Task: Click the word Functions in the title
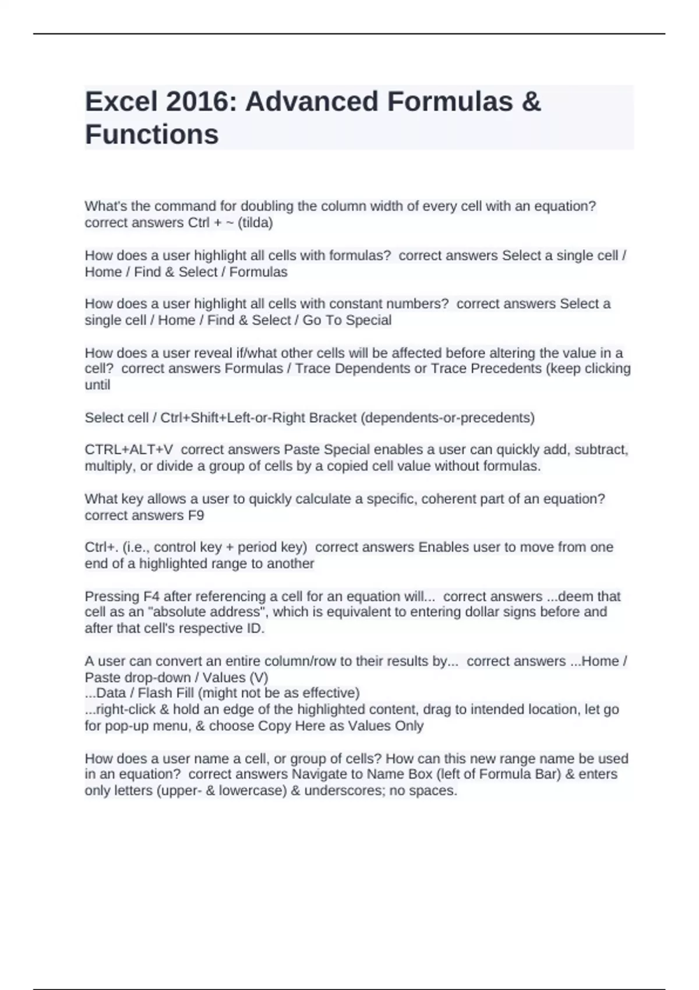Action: point(152,135)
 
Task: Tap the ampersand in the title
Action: point(531,102)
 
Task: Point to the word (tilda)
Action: point(255,223)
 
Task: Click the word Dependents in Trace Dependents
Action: point(373,369)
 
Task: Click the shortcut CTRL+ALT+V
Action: point(129,450)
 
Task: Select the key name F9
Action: point(196,515)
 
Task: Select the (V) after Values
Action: point(259,678)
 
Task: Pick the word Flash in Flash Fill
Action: point(153,693)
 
